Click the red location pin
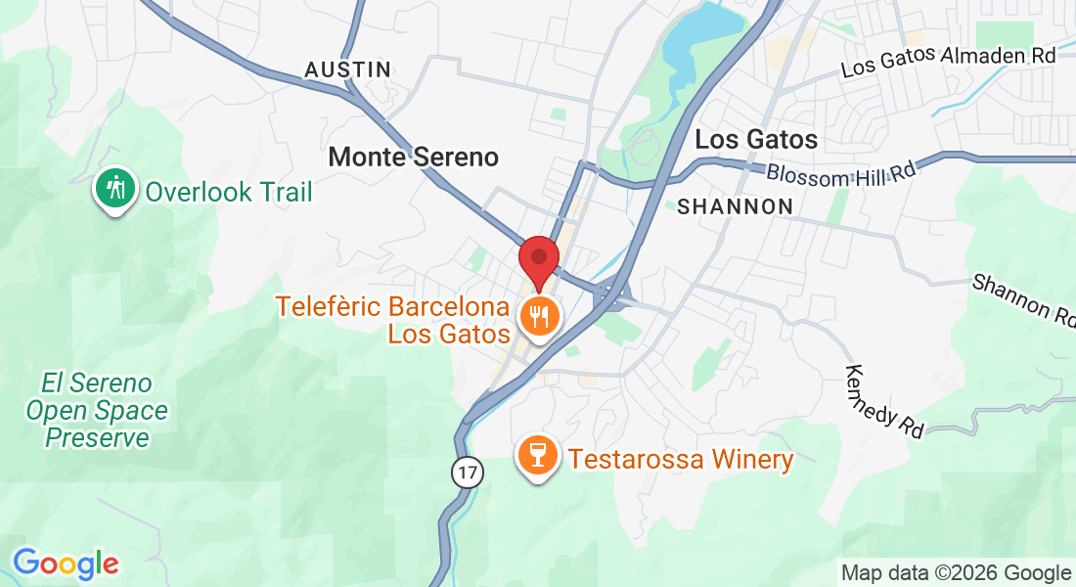click(x=538, y=259)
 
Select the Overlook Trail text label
click(x=229, y=192)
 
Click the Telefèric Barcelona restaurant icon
click(x=538, y=316)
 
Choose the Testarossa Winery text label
click(x=681, y=459)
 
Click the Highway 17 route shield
click(x=468, y=473)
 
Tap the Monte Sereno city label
click(x=413, y=157)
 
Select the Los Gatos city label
click(x=756, y=140)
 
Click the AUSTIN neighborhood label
click(x=348, y=69)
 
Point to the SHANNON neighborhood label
click(x=735, y=206)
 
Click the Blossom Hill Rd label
click(x=841, y=174)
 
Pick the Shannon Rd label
click(x=1022, y=299)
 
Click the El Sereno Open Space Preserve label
click(x=97, y=410)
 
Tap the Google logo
click(x=66, y=564)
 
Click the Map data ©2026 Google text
click(x=956, y=572)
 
